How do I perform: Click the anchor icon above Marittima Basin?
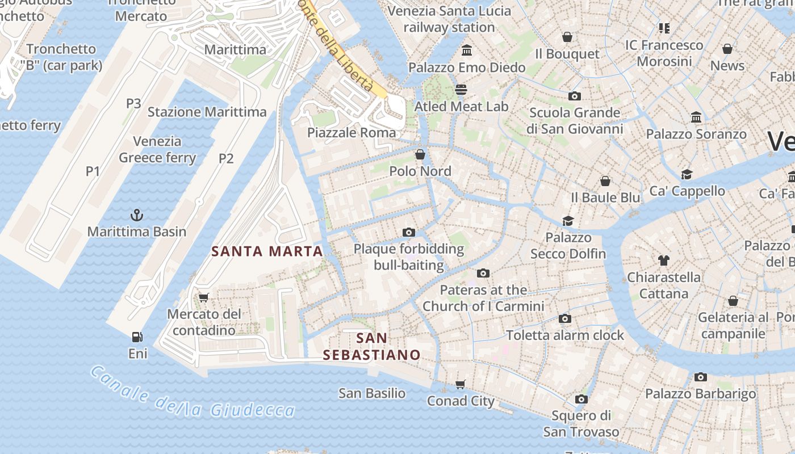[x=136, y=215]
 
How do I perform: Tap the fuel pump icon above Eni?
[x=137, y=337]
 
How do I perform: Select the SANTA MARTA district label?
[x=267, y=251]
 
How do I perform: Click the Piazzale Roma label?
[x=352, y=133]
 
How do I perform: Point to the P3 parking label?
[x=133, y=103]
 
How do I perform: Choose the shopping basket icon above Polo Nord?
[x=420, y=154]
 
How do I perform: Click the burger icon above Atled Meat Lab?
[x=461, y=89]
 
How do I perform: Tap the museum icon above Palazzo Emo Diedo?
[x=467, y=51]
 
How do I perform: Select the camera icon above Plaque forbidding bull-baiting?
[x=408, y=232]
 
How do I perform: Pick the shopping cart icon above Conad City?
[x=461, y=384]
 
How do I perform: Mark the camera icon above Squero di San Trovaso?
[x=581, y=399]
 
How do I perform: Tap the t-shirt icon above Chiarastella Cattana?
[x=663, y=260]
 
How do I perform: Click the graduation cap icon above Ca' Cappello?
[x=687, y=174]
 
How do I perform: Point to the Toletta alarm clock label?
[x=565, y=335]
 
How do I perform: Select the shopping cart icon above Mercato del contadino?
[x=204, y=297]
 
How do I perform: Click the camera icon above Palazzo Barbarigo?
[x=700, y=377]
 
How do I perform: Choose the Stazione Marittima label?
[x=207, y=112]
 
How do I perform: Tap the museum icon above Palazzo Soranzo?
[x=696, y=117]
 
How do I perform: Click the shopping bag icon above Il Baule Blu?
[x=605, y=181]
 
